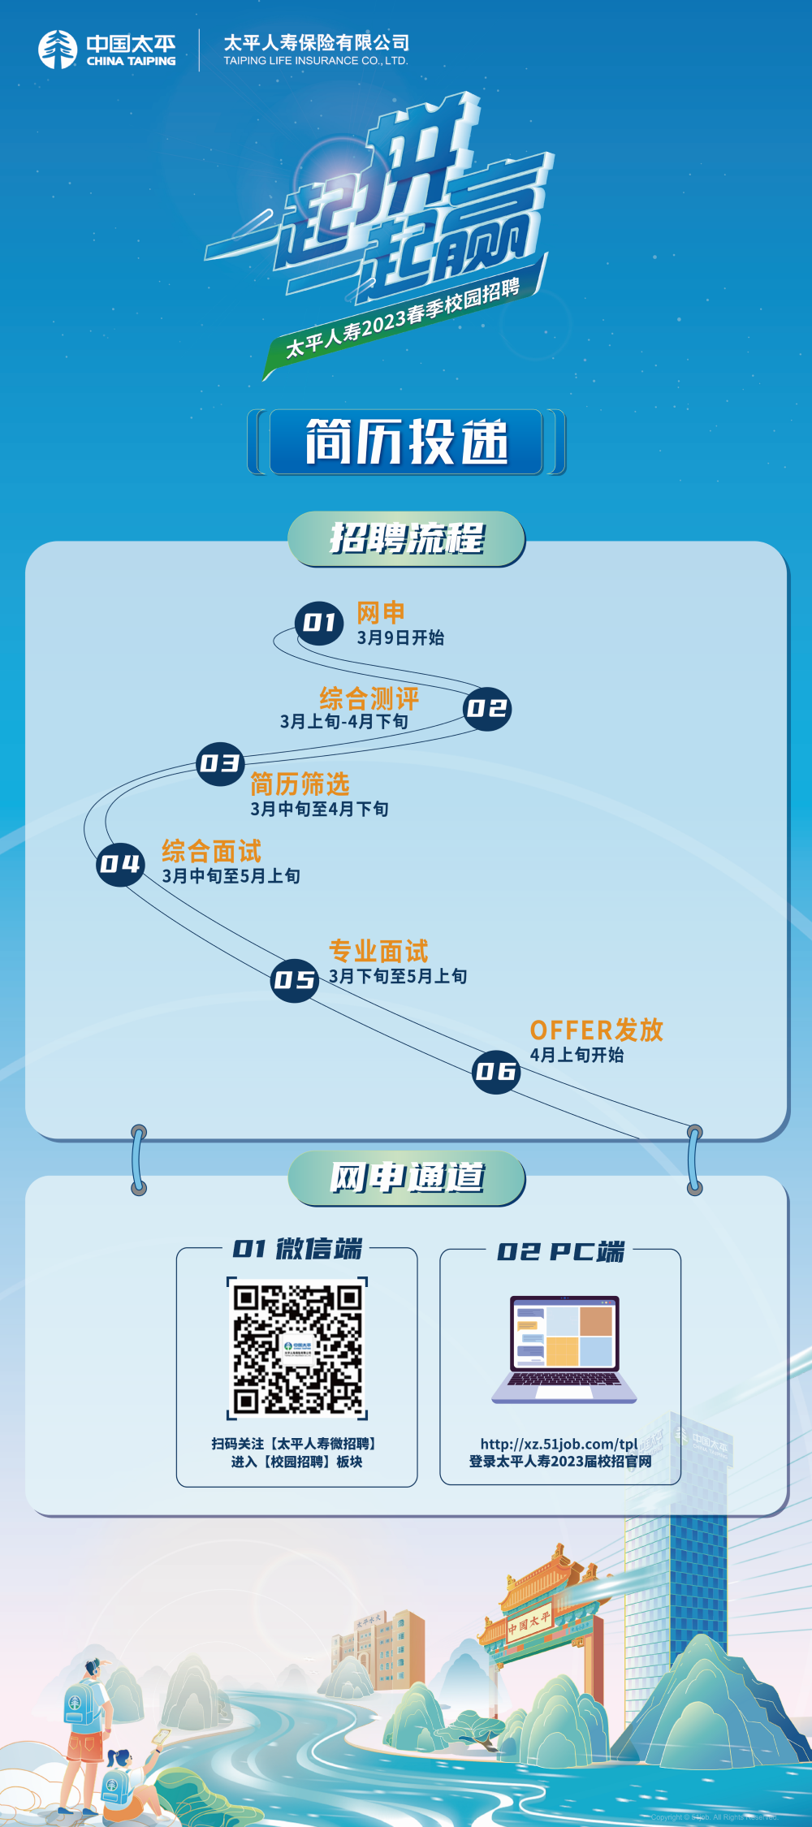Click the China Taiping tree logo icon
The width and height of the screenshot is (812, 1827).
58,50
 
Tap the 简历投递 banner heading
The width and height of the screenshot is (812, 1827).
406,442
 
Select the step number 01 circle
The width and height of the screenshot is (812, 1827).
319,624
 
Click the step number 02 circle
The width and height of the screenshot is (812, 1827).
487,709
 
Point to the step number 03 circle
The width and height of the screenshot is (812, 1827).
220,764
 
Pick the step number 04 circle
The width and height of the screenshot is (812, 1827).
120,864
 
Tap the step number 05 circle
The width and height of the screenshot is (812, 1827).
294,980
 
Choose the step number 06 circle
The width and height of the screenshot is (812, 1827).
496,1072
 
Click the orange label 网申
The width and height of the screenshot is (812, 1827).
381,613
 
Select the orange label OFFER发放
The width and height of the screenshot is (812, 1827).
597,1030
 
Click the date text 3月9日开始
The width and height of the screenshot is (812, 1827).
400,638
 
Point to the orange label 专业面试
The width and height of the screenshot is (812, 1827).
378,951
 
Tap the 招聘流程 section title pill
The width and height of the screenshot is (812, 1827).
407,538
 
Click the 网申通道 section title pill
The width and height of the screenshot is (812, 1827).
407,1177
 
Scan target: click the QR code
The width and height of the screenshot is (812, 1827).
297,1349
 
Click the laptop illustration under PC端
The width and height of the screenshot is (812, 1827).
564,1349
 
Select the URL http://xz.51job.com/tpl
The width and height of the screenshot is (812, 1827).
559,1445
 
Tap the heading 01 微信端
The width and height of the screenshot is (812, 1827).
297,1249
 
